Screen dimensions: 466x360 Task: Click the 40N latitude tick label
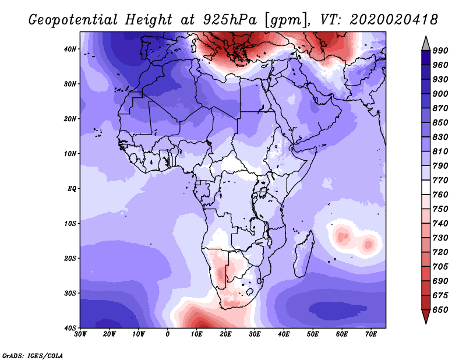click(70, 49)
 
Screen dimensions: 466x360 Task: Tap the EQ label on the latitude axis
click(72, 189)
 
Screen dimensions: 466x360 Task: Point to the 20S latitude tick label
click(70, 258)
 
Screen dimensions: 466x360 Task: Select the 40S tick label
click(70, 328)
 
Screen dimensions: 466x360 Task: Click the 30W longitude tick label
click(80, 334)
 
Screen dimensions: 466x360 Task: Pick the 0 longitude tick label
click(167, 334)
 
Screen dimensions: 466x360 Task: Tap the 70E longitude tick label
click(370, 334)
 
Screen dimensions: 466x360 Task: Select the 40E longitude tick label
click(284, 334)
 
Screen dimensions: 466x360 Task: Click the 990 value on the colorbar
click(440, 51)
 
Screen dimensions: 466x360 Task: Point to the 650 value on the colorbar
click(440, 310)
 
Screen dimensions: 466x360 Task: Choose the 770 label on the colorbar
click(440, 180)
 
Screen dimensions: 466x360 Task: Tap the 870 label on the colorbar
click(440, 108)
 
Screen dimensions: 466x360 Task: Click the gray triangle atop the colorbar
click(426, 45)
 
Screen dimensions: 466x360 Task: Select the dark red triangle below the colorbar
click(426, 315)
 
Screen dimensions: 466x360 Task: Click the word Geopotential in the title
click(73, 20)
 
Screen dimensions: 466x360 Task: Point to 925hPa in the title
click(230, 20)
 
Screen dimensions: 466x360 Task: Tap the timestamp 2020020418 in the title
click(394, 20)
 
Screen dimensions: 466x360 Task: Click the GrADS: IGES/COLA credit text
click(33, 355)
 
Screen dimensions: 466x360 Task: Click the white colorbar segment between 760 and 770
click(426, 188)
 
